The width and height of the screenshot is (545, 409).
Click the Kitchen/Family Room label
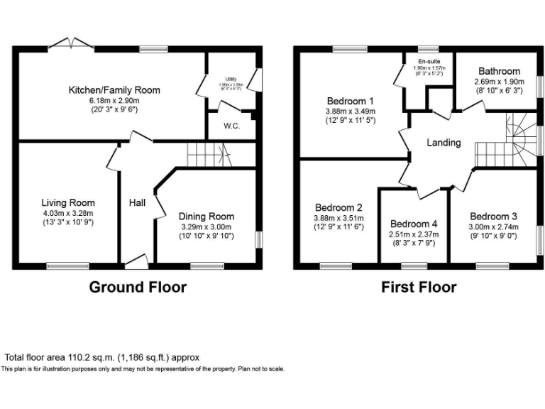point(114,90)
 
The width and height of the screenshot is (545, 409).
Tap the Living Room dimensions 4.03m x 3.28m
point(67,212)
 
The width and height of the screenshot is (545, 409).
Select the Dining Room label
point(206,217)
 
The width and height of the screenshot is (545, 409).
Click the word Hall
point(137,203)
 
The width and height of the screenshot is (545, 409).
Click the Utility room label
point(231,79)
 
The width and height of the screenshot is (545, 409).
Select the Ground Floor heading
point(138,288)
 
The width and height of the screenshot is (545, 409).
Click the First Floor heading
point(419,288)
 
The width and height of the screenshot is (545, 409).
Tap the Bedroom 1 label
point(351,100)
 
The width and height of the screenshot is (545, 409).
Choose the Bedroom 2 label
point(339,207)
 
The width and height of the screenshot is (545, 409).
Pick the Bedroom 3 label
point(493,217)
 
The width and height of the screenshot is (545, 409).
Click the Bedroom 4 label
point(414,223)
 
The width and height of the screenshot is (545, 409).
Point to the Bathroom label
point(499,71)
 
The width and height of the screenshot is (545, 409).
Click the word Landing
point(444,143)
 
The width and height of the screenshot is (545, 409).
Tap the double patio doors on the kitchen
point(72,44)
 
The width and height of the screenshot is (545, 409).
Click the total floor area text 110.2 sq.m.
point(102,357)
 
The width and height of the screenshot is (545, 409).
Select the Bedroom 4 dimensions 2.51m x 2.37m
point(414,234)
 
